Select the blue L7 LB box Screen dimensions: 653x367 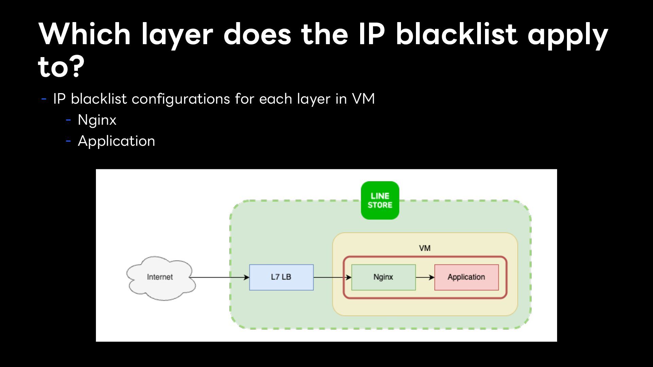pos(281,277)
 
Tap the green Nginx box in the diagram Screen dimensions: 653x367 pos(383,277)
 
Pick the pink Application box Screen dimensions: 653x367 pos(466,277)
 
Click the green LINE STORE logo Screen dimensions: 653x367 pos(380,200)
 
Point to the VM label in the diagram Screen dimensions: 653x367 pos(425,248)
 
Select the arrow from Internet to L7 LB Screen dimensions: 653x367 pos(219,278)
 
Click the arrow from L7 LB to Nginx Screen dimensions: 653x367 pos(333,278)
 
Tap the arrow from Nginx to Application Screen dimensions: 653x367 pos(425,278)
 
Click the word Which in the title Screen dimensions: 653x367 pos(85,34)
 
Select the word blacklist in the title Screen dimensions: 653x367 pos(457,34)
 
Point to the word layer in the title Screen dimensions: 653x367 pos(177,36)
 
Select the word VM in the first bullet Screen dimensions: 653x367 pos(363,99)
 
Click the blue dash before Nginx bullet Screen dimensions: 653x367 pos(68,120)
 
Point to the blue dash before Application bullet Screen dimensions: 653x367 pos(68,141)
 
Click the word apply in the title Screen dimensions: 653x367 pos(568,36)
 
